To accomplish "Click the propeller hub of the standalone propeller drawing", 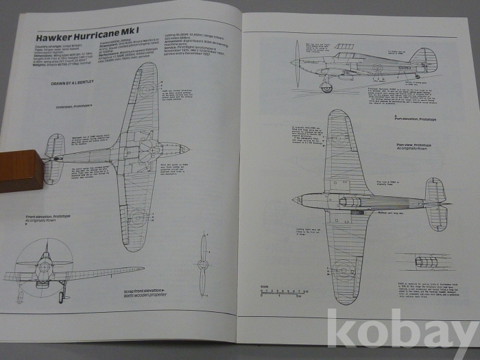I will pos(203,264).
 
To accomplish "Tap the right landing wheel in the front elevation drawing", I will pos(62,296).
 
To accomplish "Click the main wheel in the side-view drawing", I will pos(326,87).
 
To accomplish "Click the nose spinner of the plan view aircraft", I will pos(296,200).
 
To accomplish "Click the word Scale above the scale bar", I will pos(265,286).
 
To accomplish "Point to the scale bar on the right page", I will pos(281,293).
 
